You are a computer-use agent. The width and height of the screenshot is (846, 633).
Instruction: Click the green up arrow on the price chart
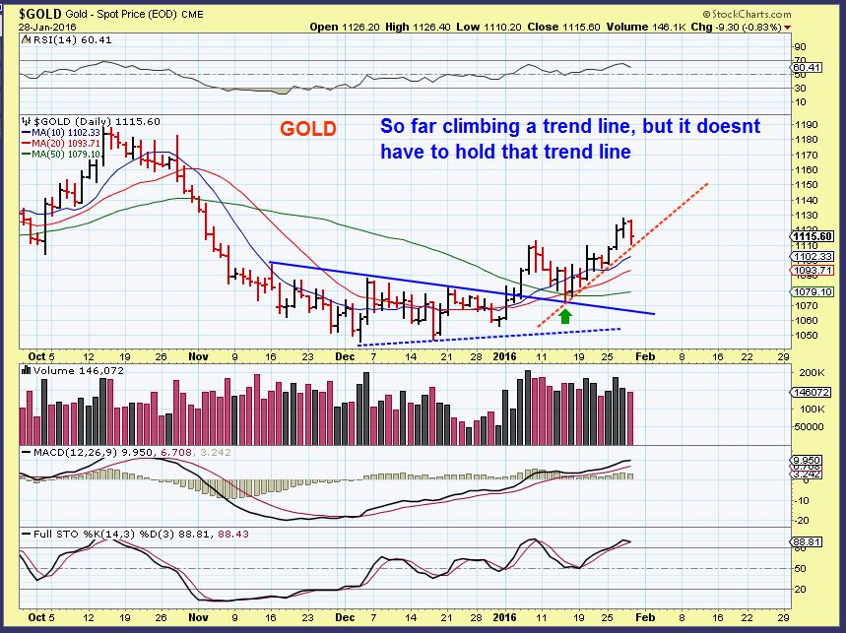(x=565, y=316)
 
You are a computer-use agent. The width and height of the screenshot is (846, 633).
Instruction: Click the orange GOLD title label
(x=307, y=129)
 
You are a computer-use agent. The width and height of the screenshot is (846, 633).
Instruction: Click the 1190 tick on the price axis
(x=806, y=125)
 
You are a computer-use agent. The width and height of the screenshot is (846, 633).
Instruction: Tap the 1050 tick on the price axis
(x=806, y=335)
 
